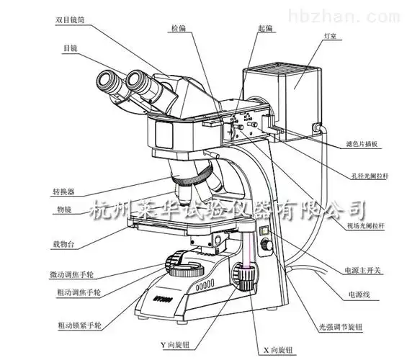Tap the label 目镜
70,48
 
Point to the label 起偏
245,26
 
